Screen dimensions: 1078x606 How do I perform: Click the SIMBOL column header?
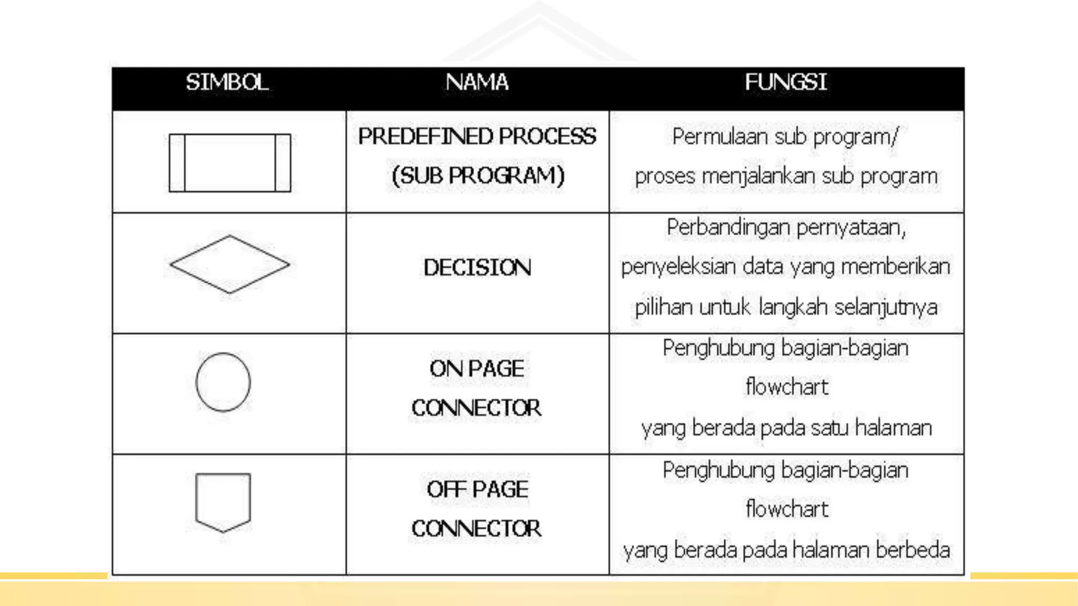pos(227,83)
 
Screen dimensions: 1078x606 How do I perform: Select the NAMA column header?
pos(477,83)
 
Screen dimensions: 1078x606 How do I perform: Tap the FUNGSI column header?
pos(785,83)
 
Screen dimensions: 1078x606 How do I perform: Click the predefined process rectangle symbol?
pos(230,163)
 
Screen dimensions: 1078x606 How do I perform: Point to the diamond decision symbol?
pos(229,264)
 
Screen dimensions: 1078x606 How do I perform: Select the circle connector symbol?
pos(223,382)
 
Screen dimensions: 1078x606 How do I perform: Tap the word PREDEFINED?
pos(425,137)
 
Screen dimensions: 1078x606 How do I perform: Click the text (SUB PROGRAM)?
pos(478,176)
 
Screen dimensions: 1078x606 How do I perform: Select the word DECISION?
pos(477,268)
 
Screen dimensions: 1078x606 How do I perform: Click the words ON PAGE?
pos(477,369)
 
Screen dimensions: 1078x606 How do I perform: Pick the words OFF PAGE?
pos(477,490)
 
